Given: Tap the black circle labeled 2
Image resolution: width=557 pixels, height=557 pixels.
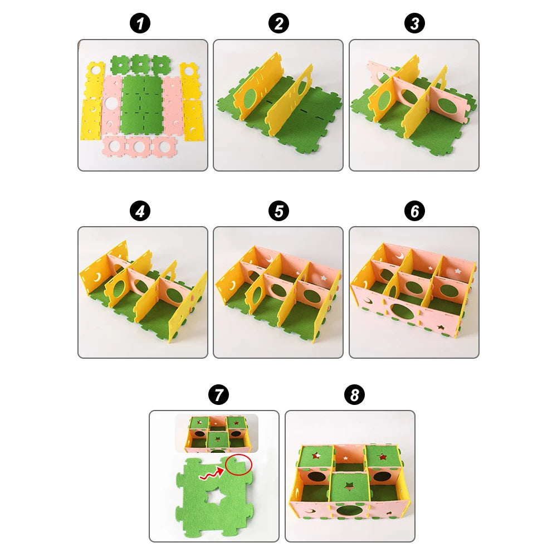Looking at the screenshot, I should [x=278, y=24].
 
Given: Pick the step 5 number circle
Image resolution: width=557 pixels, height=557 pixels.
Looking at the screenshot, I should [x=278, y=211].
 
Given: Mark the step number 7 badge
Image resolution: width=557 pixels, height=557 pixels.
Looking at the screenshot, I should [x=218, y=395].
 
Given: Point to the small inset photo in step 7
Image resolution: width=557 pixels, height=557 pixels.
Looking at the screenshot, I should [x=217, y=433].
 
